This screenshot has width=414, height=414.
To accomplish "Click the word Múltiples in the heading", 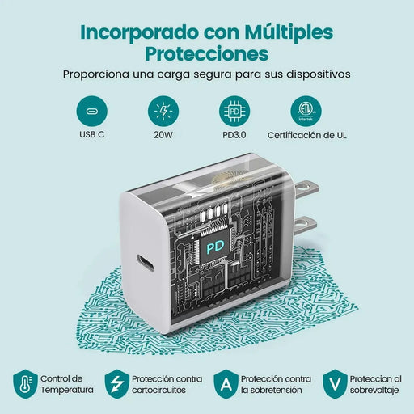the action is (x=289, y=33).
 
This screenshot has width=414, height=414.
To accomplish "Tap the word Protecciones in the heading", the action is (x=207, y=53).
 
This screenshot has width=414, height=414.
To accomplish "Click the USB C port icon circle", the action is (x=92, y=112).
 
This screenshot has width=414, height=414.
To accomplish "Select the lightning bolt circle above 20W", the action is (x=163, y=112).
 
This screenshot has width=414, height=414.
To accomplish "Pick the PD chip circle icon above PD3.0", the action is (x=234, y=112).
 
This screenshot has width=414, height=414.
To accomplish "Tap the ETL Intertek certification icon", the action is (x=306, y=112).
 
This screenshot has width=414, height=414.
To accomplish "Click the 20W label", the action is (x=163, y=135).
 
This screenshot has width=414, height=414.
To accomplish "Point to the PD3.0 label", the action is (x=234, y=135).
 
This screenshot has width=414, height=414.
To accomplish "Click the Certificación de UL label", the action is (x=307, y=135).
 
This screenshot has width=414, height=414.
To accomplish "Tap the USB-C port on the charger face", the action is (x=146, y=264).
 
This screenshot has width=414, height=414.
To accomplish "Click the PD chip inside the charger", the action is (x=215, y=247).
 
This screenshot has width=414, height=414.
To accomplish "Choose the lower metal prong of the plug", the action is (x=305, y=225).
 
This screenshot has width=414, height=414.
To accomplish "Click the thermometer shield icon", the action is (x=25, y=384).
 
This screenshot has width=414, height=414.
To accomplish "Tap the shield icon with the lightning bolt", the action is (x=117, y=384).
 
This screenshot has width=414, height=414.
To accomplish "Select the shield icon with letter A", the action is (x=226, y=384).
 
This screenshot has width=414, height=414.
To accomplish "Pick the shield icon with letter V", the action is (x=335, y=384).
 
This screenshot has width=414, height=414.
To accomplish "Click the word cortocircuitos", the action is (x=158, y=390).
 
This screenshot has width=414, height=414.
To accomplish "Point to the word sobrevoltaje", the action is (x=374, y=391).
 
